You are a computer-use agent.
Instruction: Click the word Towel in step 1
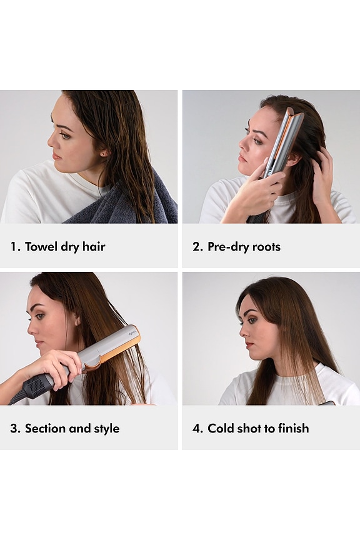coord(41,247)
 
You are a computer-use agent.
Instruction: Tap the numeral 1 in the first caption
coord(13,247)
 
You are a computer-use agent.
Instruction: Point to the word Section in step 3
coord(45,428)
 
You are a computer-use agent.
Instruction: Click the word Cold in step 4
coord(221,428)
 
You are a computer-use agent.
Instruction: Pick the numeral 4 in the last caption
coord(196,428)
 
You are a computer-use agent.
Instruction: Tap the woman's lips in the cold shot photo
coord(249,344)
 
